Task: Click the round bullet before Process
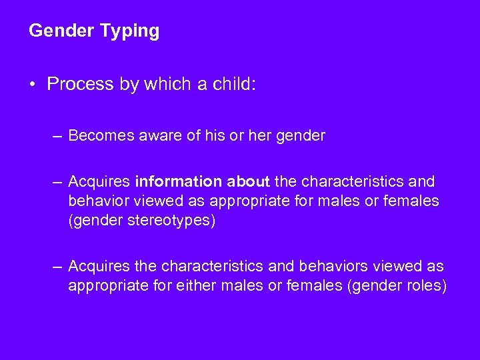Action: click(x=33, y=85)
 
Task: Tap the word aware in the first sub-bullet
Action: click(x=165, y=136)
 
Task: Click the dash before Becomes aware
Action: click(x=58, y=136)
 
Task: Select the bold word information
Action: click(x=178, y=181)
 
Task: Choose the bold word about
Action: click(x=247, y=181)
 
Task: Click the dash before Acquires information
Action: click(x=58, y=181)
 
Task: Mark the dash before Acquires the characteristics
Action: click(x=58, y=267)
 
